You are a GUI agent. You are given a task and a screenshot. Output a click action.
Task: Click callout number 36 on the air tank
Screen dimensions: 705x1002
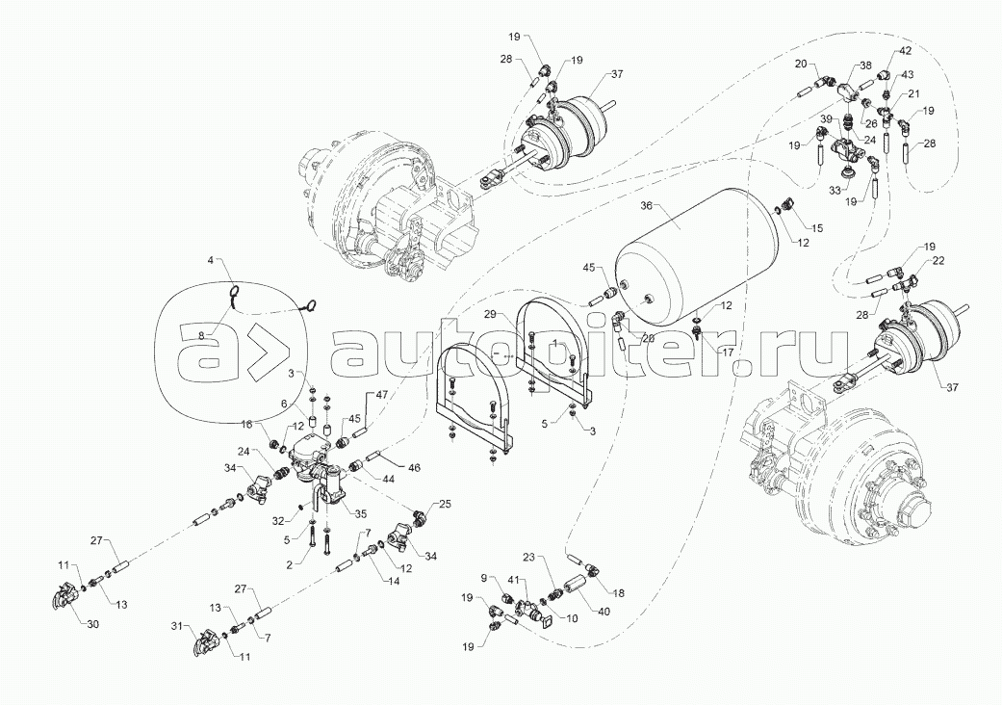tap(647, 205)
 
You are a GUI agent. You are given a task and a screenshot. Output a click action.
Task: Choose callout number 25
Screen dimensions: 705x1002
tap(445, 503)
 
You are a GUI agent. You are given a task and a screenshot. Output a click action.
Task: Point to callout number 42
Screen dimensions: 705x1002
tap(906, 50)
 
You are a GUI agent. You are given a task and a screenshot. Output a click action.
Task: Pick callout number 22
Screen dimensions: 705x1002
tap(912, 262)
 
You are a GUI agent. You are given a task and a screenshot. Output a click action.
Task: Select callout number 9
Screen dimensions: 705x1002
tap(484, 578)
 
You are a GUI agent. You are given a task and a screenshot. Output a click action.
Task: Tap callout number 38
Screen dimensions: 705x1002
tap(865, 65)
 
